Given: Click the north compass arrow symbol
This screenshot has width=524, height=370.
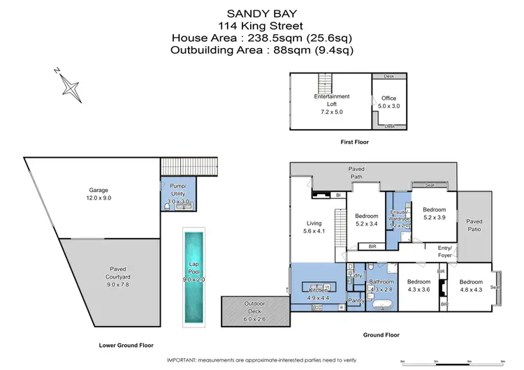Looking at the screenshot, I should click(x=72, y=85).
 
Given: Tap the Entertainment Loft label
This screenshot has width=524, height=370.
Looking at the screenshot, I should click(x=332, y=101).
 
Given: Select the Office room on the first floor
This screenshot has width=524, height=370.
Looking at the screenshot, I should click(x=388, y=102).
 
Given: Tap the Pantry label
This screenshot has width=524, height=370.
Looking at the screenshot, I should click(x=356, y=301).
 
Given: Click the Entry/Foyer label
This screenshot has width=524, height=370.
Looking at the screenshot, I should click(x=444, y=251).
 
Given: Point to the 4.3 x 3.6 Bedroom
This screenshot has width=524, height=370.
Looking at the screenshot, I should click(x=419, y=286).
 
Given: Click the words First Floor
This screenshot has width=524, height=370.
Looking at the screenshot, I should click(x=355, y=142).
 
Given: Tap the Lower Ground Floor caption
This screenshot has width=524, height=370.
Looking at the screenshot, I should click(x=126, y=345).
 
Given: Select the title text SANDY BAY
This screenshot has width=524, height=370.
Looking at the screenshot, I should click(x=261, y=12).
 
